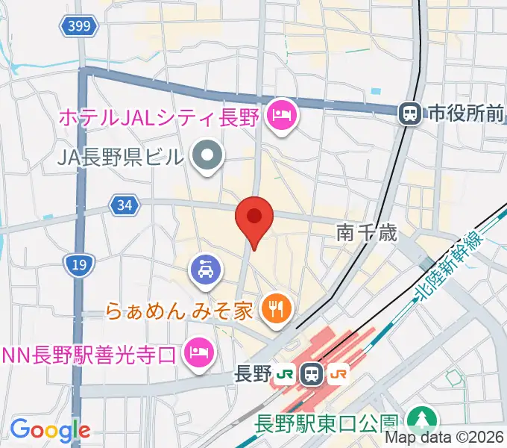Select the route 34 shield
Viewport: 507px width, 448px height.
[123, 204]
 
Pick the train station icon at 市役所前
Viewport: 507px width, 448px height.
[409, 113]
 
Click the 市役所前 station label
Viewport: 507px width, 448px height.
[465, 114]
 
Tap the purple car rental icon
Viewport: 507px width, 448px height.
[204, 269]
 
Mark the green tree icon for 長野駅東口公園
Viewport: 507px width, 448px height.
[421, 421]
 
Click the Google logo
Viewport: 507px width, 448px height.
[50, 430]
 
